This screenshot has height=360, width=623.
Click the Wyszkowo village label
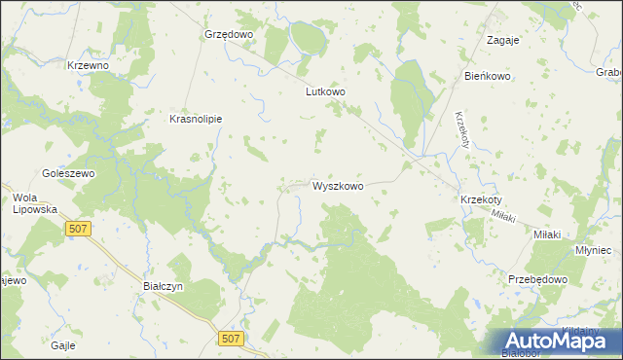pos(338,185)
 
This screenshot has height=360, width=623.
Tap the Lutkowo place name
pos(326,92)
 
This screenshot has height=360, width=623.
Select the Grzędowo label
pos(228,33)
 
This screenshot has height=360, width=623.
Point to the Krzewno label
pos(88,65)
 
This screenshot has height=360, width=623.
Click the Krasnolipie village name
pos(196,119)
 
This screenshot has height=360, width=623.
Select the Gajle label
pos(63,345)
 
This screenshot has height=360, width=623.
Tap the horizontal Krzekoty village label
pos(480,199)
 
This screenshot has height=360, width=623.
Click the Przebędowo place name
pos(537,278)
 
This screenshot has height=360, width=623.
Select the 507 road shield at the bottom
pos(231,338)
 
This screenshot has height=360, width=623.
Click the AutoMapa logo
pos(559,342)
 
